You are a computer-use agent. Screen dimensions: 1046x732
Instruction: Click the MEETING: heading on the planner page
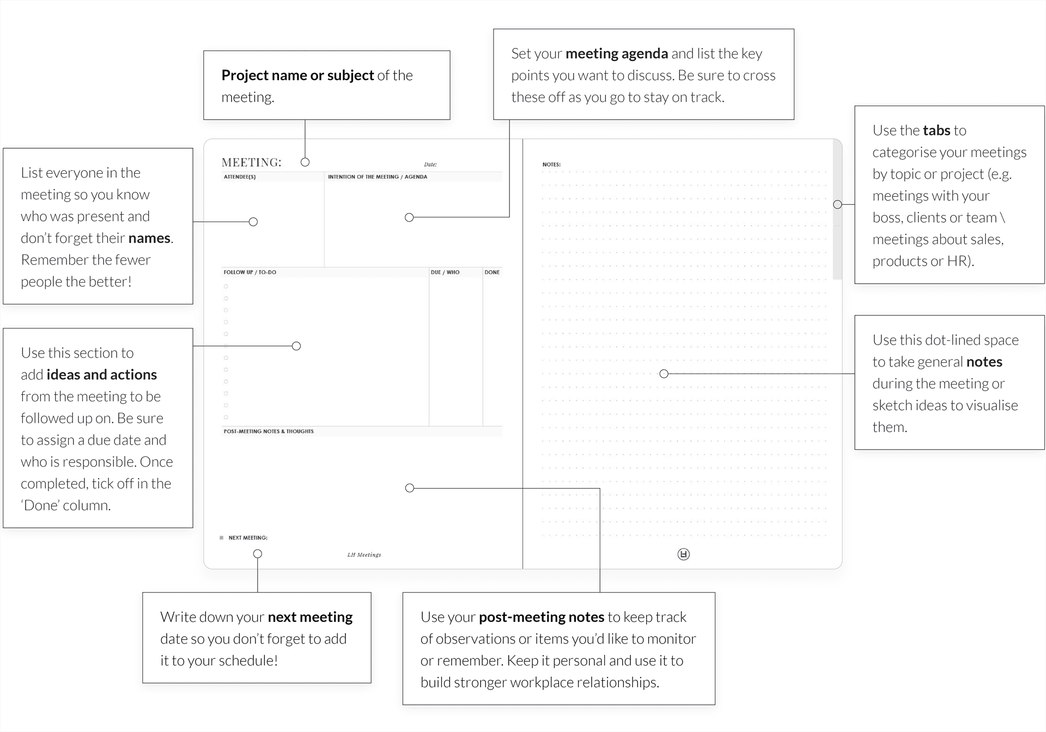pyautogui.click(x=252, y=162)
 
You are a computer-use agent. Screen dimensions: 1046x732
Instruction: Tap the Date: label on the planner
pyautogui.click(x=430, y=164)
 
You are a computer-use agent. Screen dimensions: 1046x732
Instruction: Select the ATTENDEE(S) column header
pyautogui.click(x=240, y=177)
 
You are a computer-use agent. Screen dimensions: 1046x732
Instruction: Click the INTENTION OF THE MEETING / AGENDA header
pyautogui.click(x=378, y=177)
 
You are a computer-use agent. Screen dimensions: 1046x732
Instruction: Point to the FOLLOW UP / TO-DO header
pyautogui.click(x=250, y=272)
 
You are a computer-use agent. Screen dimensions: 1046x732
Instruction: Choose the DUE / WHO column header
pyautogui.click(x=445, y=272)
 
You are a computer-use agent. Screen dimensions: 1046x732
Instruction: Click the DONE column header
pyautogui.click(x=492, y=272)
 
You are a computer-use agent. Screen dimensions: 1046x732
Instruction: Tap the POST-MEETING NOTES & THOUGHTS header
pyautogui.click(x=269, y=431)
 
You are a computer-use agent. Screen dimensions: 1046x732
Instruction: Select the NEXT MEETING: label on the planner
pyautogui.click(x=248, y=538)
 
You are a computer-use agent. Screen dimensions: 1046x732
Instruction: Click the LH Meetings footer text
pyautogui.click(x=364, y=555)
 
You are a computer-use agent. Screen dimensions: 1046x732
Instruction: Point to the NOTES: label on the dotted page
pyautogui.click(x=551, y=164)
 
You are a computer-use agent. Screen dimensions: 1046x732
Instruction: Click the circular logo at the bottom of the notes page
pyautogui.click(x=684, y=554)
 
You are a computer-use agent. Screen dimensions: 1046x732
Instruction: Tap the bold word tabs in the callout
pyautogui.click(x=936, y=130)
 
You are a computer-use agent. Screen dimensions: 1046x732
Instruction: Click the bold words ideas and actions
pyautogui.click(x=102, y=375)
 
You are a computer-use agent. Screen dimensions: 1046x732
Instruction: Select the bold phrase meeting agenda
pyautogui.click(x=617, y=54)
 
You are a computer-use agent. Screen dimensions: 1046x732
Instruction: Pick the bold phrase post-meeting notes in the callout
pyautogui.click(x=542, y=617)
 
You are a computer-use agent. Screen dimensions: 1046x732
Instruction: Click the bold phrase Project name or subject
pyautogui.click(x=297, y=76)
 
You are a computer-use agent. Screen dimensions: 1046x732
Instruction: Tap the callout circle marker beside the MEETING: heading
pyautogui.click(x=305, y=162)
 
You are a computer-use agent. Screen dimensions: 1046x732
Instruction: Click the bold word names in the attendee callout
pyautogui.click(x=149, y=239)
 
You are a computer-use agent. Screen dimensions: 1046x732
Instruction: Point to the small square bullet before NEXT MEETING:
pyautogui.click(x=221, y=538)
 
